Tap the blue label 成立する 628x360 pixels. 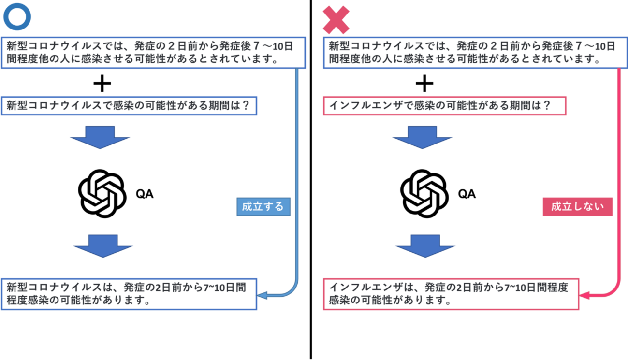pos(263,207)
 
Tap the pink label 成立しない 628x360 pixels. pos(577,207)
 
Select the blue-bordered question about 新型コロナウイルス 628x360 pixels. pos(130,106)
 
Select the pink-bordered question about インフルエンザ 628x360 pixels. pos(444,106)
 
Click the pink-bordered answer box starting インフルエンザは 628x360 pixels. pos(451,294)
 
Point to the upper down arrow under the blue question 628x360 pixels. pos(100,137)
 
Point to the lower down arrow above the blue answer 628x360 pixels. pos(103,245)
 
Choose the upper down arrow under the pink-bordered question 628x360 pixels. pos(422,137)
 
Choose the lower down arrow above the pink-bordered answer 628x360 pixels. pos(425,245)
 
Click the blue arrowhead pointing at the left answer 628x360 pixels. pos(263,295)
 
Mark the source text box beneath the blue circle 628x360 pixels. pos(154,53)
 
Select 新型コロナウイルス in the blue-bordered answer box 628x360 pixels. pos(53,288)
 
